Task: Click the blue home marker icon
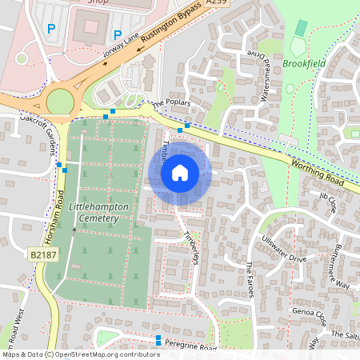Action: [180, 172]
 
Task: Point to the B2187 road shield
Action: [44, 255]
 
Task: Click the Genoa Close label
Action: [308, 312]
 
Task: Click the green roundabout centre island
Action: [60, 102]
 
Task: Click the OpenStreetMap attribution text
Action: [80, 354]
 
